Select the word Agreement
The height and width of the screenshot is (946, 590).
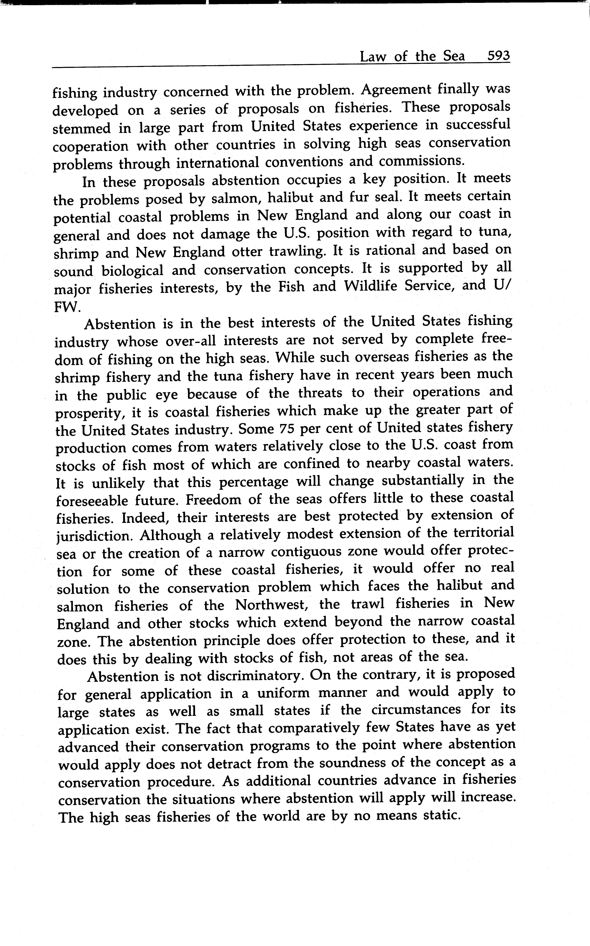[395, 90]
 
